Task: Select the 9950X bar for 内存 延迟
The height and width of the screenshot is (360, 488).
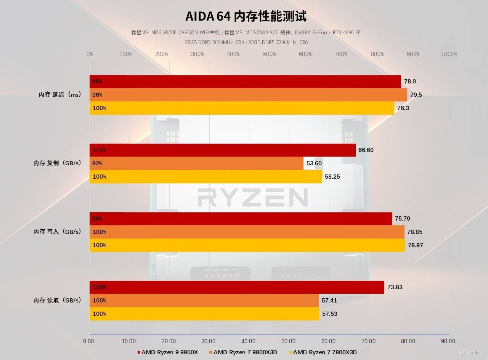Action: click(245, 82)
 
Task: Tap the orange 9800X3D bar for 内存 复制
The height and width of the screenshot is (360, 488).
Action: click(196, 163)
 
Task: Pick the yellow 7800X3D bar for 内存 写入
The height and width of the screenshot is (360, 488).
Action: click(247, 245)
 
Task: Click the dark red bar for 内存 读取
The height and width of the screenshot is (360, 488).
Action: click(237, 287)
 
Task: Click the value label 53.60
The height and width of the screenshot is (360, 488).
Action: click(314, 163)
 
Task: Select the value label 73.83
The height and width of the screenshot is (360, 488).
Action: click(395, 287)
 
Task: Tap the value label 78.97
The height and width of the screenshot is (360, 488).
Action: click(415, 245)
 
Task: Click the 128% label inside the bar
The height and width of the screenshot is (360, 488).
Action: click(99, 287)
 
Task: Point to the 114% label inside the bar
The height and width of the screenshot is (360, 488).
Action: click(99, 150)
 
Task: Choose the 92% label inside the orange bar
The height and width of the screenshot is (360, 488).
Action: click(98, 163)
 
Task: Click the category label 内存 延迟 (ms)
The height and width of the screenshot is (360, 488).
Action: click(60, 95)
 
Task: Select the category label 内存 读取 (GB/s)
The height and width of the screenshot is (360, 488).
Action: click(57, 301)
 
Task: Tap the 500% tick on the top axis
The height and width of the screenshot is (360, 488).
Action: click(269, 54)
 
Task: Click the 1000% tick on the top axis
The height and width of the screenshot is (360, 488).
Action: click(449, 54)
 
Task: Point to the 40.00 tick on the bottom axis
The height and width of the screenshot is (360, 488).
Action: click(249, 341)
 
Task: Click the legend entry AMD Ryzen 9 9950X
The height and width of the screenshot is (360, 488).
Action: click(168, 352)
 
